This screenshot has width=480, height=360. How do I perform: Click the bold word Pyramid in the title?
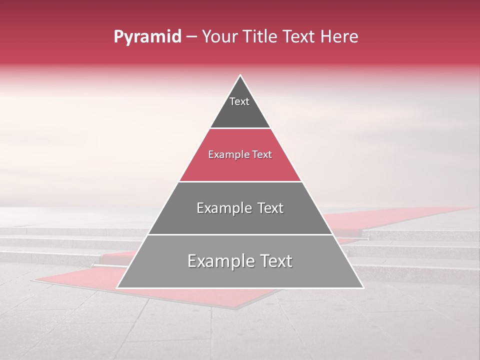tap(147, 37)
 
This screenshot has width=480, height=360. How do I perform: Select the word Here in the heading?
tap(339, 37)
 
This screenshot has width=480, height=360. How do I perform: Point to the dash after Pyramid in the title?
tap(191, 37)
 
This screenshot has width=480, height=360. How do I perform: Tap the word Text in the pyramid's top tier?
tap(239, 101)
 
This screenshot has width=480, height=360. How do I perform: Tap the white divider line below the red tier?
tap(240, 181)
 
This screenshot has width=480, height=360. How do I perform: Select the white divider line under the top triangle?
tap(240, 128)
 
